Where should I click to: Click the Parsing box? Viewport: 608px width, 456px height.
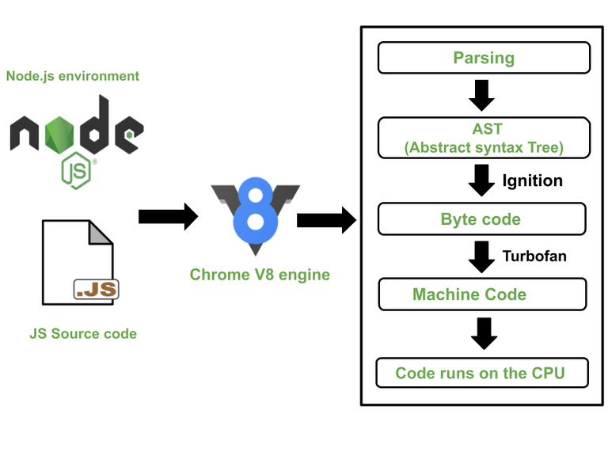coord(484,58)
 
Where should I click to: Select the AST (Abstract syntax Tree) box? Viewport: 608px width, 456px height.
coord(484,138)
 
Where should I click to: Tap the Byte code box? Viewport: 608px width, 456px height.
coord(481,219)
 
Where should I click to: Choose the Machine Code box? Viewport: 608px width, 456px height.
coord(482,294)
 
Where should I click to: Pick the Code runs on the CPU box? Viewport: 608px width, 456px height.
coord(481,373)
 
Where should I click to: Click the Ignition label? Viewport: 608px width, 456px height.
coord(532,180)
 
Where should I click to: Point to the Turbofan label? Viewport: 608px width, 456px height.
coord(534,256)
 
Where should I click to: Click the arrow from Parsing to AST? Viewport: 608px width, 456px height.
coord(481,96)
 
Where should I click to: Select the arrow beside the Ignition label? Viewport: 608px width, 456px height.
coord(481,180)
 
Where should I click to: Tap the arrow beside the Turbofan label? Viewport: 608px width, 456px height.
coord(481,256)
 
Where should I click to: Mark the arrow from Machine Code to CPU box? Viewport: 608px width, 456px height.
coord(483,332)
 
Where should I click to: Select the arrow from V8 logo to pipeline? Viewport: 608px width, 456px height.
coord(325,219)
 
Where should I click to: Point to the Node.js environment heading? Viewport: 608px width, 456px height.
coord(73,77)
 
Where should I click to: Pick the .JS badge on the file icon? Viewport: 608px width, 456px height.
coord(96,290)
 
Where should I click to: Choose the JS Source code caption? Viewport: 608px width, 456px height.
coord(83,334)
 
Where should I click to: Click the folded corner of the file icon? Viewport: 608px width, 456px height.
coord(101,231)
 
